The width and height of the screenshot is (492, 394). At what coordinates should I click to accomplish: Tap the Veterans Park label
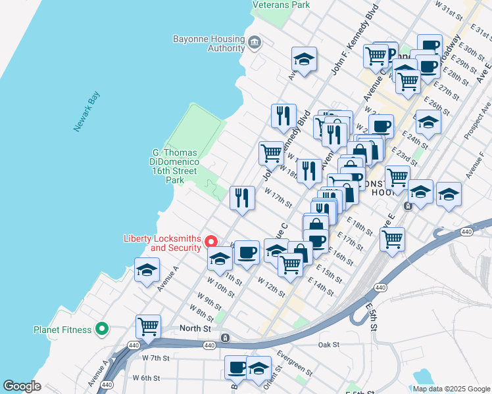click(x=281, y=5)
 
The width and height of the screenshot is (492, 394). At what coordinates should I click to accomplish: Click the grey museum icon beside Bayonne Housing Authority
click(x=255, y=43)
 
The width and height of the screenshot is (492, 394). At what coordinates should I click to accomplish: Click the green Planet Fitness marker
click(x=102, y=329)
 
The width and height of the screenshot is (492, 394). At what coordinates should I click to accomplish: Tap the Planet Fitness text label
click(x=63, y=330)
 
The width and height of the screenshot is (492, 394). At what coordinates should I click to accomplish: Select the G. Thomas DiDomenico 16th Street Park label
click(x=174, y=166)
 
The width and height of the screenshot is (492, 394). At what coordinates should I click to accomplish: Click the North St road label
click(x=196, y=328)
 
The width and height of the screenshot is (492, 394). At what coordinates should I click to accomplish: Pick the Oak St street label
click(x=328, y=344)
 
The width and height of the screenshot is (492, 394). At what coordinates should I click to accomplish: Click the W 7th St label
click(x=156, y=359)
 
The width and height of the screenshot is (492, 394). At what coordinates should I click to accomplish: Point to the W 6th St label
click(x=146, y=378)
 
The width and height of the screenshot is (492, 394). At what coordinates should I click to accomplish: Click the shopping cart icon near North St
click(x=149, y=326)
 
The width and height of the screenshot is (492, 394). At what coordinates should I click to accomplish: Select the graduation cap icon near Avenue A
click(x=147, y=269)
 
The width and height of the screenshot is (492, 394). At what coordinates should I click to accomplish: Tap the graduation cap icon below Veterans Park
click(x=304, y=58)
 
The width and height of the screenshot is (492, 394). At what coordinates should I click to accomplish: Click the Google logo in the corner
click(x=22, y=386)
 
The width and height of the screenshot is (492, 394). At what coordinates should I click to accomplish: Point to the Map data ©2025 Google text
click(x=451, y=389)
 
